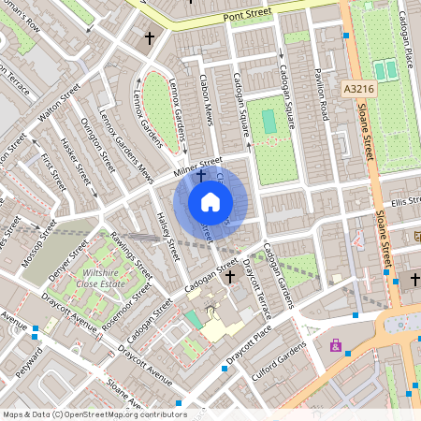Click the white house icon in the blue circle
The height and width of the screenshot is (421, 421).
click(x=210, y=202)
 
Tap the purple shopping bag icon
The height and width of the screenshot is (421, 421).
click(x=335, y=345)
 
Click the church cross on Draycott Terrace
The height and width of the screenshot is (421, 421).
click(x=230, y=277)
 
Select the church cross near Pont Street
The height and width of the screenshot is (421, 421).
click(x=150, y=38)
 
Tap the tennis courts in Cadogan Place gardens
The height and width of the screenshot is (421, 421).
click(x=385, y=70)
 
